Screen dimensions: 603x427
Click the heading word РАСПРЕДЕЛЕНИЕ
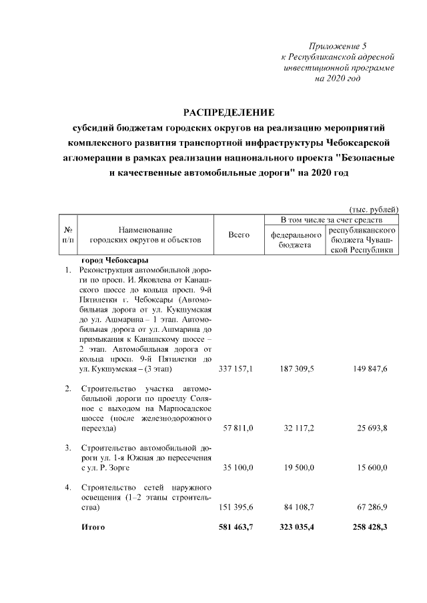[x=229, y=111]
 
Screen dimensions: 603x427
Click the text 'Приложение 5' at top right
[x=338, y=45]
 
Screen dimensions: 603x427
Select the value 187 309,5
[x=298, y=368]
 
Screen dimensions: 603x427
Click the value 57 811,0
[x=238, y=428]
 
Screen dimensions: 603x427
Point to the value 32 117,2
[x=300, y=428]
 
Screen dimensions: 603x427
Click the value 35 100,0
[x=238, y=468]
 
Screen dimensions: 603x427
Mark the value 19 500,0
[x=300, y=468]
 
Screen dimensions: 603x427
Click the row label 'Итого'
[x=93, y=527]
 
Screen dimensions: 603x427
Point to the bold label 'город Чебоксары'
[x=114, y=261]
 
